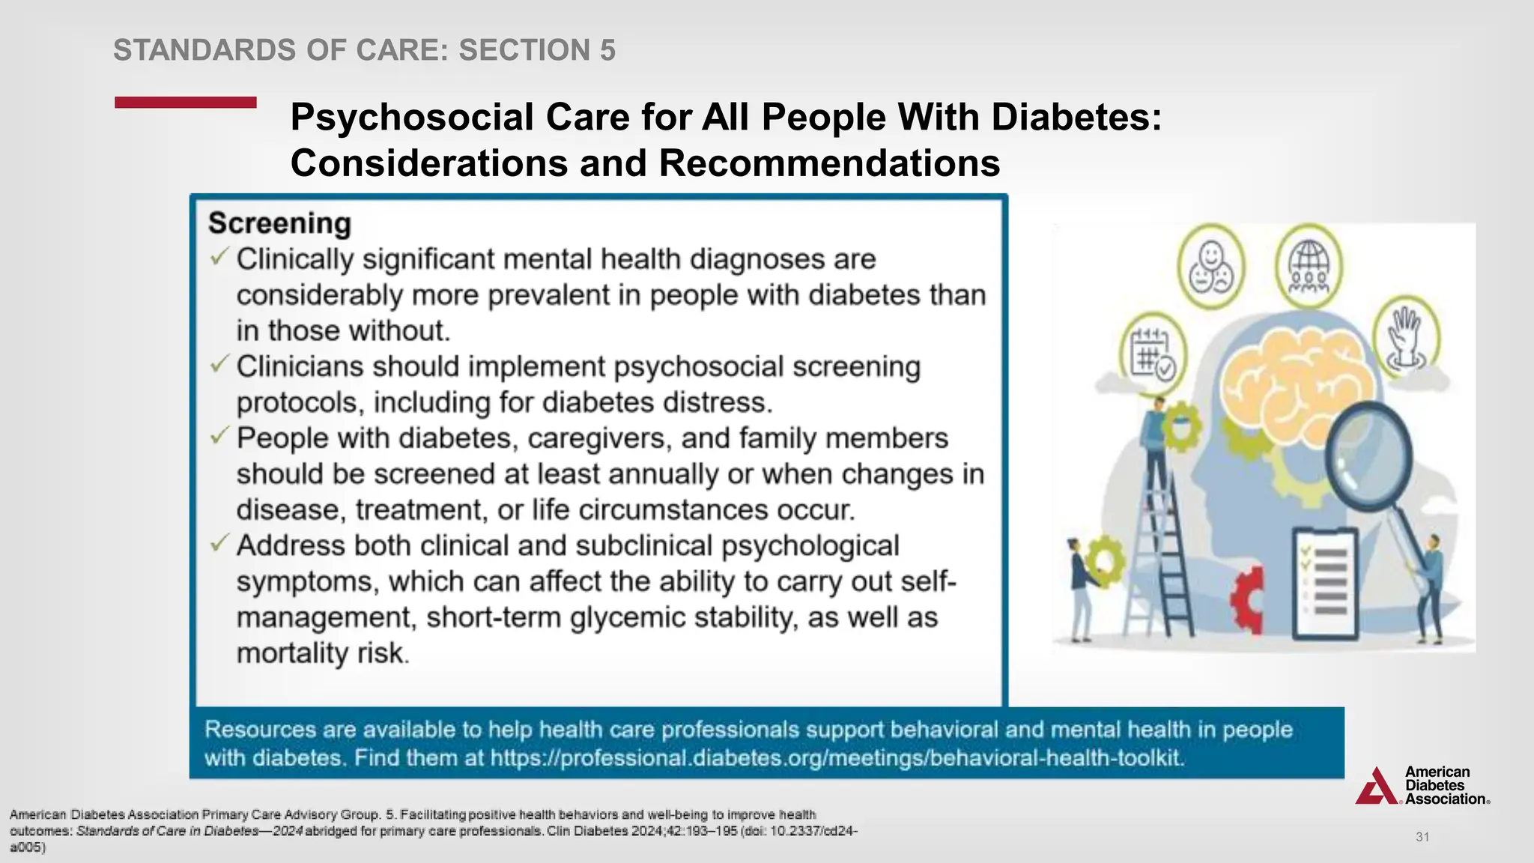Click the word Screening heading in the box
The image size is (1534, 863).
tap(279, 223)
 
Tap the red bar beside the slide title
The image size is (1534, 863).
tap(186, 103)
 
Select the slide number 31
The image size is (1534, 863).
tap(1422, 837)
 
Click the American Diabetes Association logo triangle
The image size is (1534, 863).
tap(1377, 787)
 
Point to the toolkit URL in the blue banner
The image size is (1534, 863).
tap(837, 758)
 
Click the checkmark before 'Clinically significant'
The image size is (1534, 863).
tap(219, 257)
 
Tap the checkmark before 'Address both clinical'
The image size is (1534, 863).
tap(219, 543)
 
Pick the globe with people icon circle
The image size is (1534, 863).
tap(1309, 267)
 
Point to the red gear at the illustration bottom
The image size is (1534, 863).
tap(1248, 599)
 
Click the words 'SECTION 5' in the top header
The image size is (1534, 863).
tap(537, 50)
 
